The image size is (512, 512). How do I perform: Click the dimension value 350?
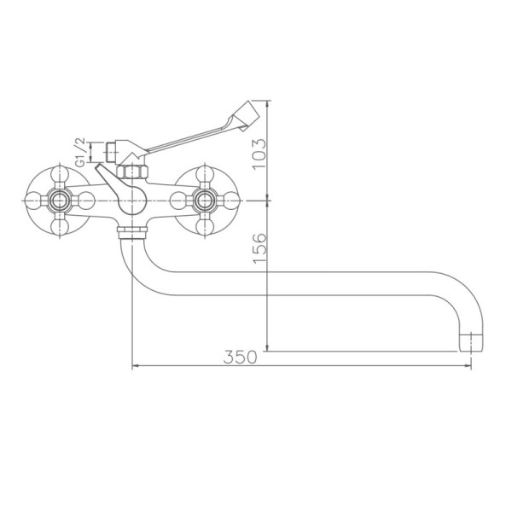tap(240, 358)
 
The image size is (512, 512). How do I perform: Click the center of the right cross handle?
tap(204, 201)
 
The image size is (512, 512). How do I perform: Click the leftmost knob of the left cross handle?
tap(32, 201)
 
